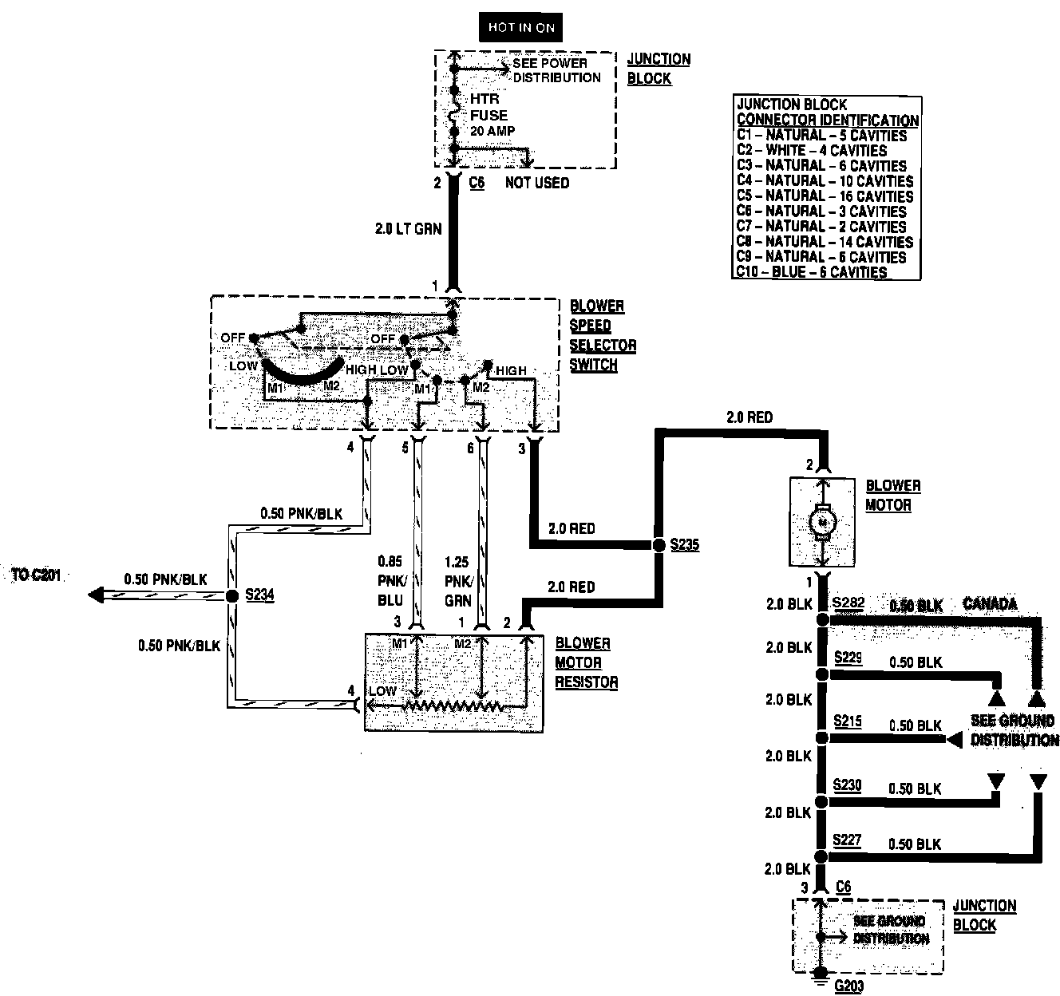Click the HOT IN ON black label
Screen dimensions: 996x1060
(521, 28)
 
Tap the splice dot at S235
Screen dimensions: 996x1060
(659, 545)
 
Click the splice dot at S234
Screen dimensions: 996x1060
(232, 595)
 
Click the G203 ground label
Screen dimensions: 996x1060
(848, 986)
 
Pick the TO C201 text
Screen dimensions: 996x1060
(37, 575)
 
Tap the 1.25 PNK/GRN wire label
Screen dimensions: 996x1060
(459, 581)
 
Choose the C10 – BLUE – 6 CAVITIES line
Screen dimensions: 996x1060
(812, 271)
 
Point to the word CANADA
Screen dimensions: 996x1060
(990, 604)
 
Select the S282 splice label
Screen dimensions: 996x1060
(848, 603)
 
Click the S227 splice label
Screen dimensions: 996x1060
(847, 840)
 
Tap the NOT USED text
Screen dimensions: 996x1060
(537, 183)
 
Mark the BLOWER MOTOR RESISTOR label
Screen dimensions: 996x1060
(586, 662)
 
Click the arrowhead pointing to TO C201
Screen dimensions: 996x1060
(96, 595)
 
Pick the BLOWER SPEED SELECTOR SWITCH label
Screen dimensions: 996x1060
(603, 335)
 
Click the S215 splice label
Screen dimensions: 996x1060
(847, 721)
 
